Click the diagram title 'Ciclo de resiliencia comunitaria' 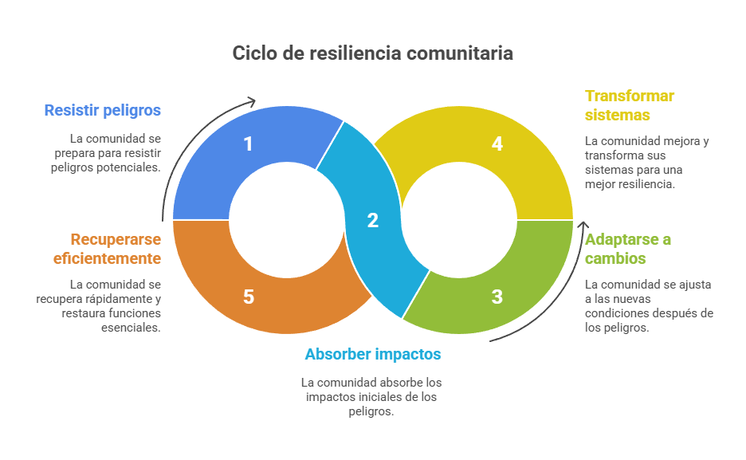pyautogui.click(x=372, y=53)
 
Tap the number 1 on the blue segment pyautogui.click(x=248, y=144)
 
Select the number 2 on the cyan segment pyautogui.click(x=372, y=221)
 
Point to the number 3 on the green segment pyautogui.click(x=497, y=297)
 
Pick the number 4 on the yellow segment pyautogui.click(x=497, y=144)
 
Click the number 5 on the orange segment pyautogui.click(x=248, y=297)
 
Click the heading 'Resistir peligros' pyautogui.click(x=103, y=110)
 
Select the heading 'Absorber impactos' pyautogui.click(x=372, y=354)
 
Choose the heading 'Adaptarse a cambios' pyautogui.click(x=628, y=249)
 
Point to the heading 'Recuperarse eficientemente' pyautogui.click(x=108, y=249)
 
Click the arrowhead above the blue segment pyautogui.click(x=251, y=101)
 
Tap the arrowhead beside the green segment pyautogui.click(x=583, y=226)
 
